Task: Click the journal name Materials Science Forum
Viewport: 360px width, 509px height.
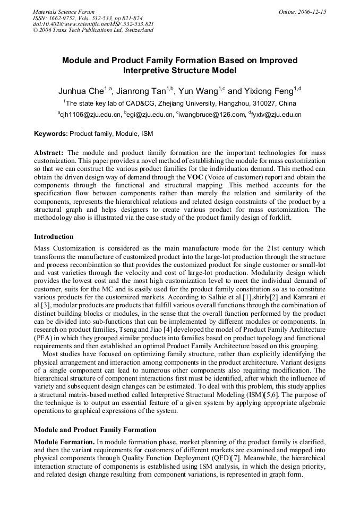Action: [x=64, y=12]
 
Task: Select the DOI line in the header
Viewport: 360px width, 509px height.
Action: [x=93, y=24]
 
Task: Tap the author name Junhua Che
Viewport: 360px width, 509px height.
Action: [x=81, y=91]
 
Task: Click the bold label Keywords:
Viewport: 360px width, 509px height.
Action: [x=51, y=134]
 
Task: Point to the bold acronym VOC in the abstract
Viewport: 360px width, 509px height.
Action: [x=195, y=177]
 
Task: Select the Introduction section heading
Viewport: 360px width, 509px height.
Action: [x=54, y=237]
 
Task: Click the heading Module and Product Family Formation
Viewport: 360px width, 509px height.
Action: [x=95, y=430]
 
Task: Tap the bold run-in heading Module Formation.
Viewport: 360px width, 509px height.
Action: [x=64, y=442]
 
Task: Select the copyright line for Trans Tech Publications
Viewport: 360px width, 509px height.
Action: [x=93, y=30]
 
